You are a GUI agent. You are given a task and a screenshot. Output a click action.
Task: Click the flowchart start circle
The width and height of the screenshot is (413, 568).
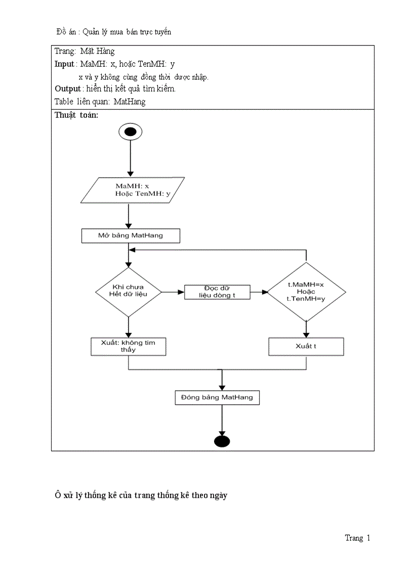pyautogui.click(x=130, y=132)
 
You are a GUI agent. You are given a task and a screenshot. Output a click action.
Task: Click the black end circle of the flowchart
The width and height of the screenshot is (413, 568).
pyautogui.click(x=222, y=441)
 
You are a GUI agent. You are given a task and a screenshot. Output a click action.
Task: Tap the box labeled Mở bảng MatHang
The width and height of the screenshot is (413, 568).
pyautogui.click(x=130, y=236)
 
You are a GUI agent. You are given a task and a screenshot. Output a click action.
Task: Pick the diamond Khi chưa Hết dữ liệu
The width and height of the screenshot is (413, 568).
pyautogui.click(x=129, y=291)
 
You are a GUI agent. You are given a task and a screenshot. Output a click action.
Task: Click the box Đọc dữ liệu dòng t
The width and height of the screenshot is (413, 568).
pyautogui.click(x=217, y=292)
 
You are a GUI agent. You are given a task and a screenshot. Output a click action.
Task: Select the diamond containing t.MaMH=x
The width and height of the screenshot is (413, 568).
pyautogui.click(x=306, y=292)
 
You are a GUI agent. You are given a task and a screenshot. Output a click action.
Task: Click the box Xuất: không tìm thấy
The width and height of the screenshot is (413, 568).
pyautogui.click(x=129, y=346)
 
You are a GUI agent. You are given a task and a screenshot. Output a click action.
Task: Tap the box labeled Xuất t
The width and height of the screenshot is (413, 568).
pyautogui.click(x=306, y=346)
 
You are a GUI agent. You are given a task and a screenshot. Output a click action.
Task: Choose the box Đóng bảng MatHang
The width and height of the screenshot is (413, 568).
pyautogui.click(x=217, y=398)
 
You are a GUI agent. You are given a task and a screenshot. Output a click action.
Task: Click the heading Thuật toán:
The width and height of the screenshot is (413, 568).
pyautogui.click(x=76, y=115)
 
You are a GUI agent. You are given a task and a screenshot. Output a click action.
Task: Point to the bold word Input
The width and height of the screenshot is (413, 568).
pyautogui.click(x=64, y=64)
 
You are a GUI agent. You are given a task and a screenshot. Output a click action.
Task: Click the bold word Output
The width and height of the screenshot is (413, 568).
pyautogui.click(x=67, y=89)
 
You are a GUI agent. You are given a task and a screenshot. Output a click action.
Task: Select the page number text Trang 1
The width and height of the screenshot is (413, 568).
pyautogui.click(x=357, y=538)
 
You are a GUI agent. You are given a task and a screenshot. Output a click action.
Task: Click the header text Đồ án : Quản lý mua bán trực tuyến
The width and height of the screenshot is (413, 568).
pyautogui.click(x=114, y=32)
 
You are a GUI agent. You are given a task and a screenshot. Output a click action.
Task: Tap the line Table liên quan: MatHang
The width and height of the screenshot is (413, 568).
pyautogui.click(x=100, y=102)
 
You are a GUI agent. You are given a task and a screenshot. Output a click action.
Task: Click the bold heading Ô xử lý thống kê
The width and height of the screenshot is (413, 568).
pyautogui.click(x=141, y=495)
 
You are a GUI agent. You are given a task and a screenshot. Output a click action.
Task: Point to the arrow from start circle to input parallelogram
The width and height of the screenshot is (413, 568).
pyautogui.click(x=130, y=158)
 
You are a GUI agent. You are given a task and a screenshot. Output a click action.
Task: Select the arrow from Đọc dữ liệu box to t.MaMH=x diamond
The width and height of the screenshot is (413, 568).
pyautogui.click(x=259, y=292)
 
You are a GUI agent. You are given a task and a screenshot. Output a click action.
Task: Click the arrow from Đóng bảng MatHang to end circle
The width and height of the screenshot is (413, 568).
pyautogui.click(x=222, y=419)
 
